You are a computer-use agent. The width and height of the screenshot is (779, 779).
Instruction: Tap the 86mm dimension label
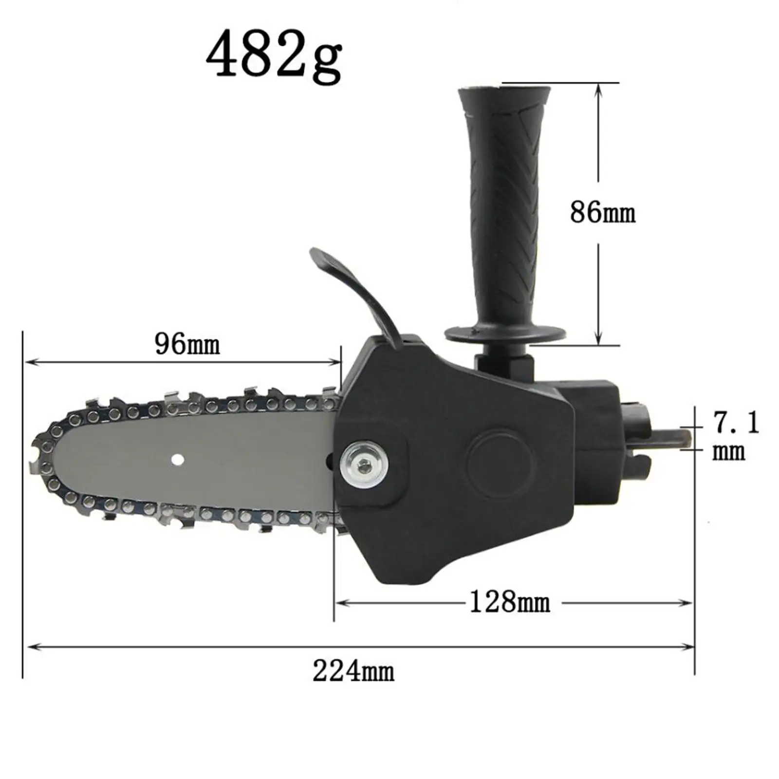point(603,213)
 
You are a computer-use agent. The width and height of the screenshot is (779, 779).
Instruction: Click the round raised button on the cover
point(500,463)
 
